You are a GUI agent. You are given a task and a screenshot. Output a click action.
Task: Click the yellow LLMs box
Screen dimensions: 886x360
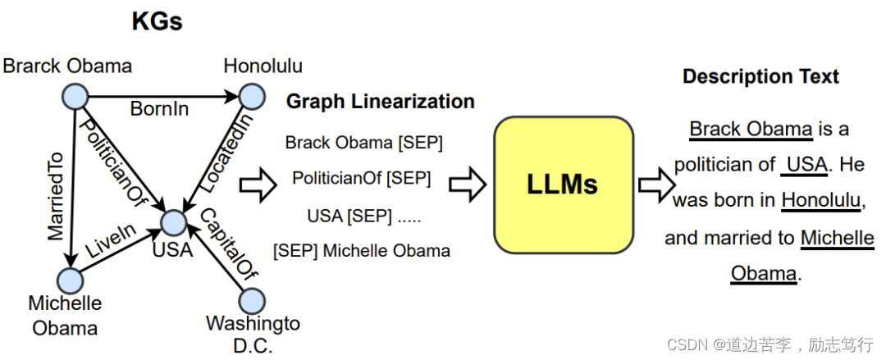tap(562, 185)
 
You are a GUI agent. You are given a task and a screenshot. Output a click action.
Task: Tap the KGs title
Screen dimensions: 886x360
tap(157, 21)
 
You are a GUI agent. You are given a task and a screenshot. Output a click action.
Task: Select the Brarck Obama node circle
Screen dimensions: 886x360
tap(75, 97)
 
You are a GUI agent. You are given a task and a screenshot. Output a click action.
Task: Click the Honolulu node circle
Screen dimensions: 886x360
tap(252, 97)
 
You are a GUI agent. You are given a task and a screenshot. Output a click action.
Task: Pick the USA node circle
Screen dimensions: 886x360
tap(173, 221)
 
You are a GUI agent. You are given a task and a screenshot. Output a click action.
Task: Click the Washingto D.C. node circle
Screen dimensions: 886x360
tap(252, 300)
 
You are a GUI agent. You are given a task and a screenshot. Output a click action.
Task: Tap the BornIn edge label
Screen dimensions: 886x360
tap(160, 109)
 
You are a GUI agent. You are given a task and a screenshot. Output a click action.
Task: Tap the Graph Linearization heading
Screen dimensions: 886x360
tap(380, 101)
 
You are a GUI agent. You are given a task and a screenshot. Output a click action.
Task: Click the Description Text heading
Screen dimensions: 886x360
tap(760, 77)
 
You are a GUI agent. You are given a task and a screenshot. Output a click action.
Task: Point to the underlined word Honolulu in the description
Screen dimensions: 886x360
tap(820, 200)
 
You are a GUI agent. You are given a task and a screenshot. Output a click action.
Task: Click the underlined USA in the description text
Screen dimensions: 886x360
tap(806, 165)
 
